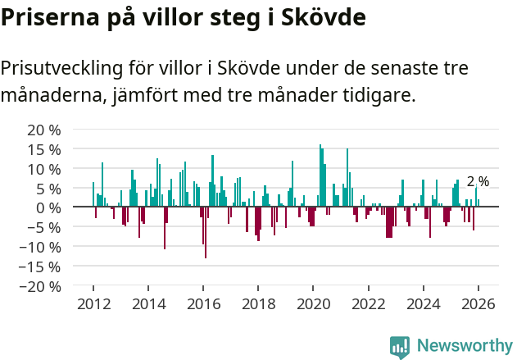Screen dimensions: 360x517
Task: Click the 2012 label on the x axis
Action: pyautogui.click(x=93, y=304)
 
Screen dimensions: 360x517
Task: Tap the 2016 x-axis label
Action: pyautogui.click(x=203, y=304)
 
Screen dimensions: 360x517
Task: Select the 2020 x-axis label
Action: pyautogui.click(x=313, y=304)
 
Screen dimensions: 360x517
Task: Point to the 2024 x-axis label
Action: pyautogui.click(x=423, y=304)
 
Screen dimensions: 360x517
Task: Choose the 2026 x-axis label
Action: pyautogui.click(x=478, y=304)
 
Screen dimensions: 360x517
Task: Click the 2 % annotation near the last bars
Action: pyautogui.click(x=478, y=181)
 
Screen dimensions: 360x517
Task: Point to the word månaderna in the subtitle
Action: pyautogui.click(x=51, y=96)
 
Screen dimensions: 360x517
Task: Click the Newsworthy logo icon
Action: pyautogui.click(x=400, y=346)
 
